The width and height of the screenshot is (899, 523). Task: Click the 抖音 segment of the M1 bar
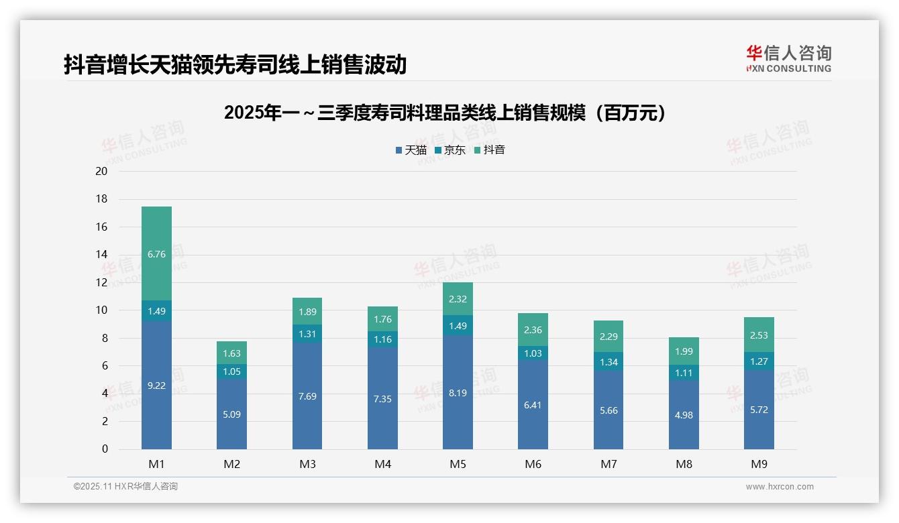click(x=156, y=253)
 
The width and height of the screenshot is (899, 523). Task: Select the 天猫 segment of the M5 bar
click(x=458, y=392)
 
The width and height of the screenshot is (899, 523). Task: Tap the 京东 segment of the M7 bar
click(x=609, y=361)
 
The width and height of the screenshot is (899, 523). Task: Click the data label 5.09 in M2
click(x=231, y=414)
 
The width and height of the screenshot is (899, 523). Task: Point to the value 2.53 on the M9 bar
click(x=759, y=335)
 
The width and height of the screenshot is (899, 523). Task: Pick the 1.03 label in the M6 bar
click(x=533, y=353)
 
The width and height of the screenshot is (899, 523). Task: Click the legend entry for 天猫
click(x=411, y=150)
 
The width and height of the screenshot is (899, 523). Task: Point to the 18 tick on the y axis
click(x=101, y=199)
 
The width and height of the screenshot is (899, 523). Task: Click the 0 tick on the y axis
click(x=105, y=449)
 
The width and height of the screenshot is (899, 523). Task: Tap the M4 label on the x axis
click(x=382, y=464)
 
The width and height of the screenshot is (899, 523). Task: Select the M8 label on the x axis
click(x=684, y=464)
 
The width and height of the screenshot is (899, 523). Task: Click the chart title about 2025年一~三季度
click(x=447, y=113)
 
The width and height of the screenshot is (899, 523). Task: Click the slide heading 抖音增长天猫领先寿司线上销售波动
click(x=235, y=65)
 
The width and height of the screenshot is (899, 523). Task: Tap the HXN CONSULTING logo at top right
click(x=788, y=59)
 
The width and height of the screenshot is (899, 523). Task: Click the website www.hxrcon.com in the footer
click(x=780, y=487)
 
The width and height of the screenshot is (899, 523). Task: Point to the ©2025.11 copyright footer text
click(x=125, y=487)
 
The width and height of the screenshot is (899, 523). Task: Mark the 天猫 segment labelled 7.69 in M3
click(x=307, y=396)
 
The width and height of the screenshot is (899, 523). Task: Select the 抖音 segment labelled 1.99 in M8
click(x=684, y=351)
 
